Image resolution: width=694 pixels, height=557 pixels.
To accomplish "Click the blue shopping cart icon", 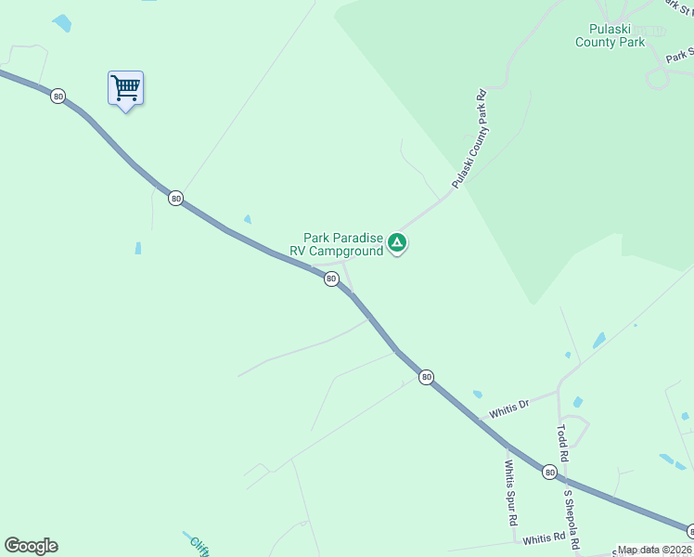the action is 125,88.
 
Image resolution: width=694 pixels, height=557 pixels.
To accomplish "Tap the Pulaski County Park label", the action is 610,35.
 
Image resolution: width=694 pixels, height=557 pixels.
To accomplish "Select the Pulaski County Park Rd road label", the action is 469,140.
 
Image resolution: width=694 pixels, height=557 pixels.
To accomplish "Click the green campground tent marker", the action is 397,242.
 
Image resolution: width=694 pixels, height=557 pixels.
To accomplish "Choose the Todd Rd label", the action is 561,445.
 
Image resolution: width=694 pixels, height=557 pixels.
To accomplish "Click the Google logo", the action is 31,545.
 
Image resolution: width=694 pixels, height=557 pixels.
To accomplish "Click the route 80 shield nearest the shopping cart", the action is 58,96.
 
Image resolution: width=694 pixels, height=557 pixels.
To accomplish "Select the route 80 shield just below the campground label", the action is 331,278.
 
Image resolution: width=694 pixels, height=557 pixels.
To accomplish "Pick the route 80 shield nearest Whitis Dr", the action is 426,376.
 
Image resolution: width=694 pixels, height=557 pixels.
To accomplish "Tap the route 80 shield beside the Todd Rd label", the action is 550,472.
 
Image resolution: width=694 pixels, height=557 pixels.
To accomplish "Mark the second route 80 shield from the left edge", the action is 175,198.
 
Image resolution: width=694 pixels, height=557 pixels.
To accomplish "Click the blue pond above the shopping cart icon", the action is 61,22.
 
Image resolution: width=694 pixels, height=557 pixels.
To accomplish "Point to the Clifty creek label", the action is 199,545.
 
